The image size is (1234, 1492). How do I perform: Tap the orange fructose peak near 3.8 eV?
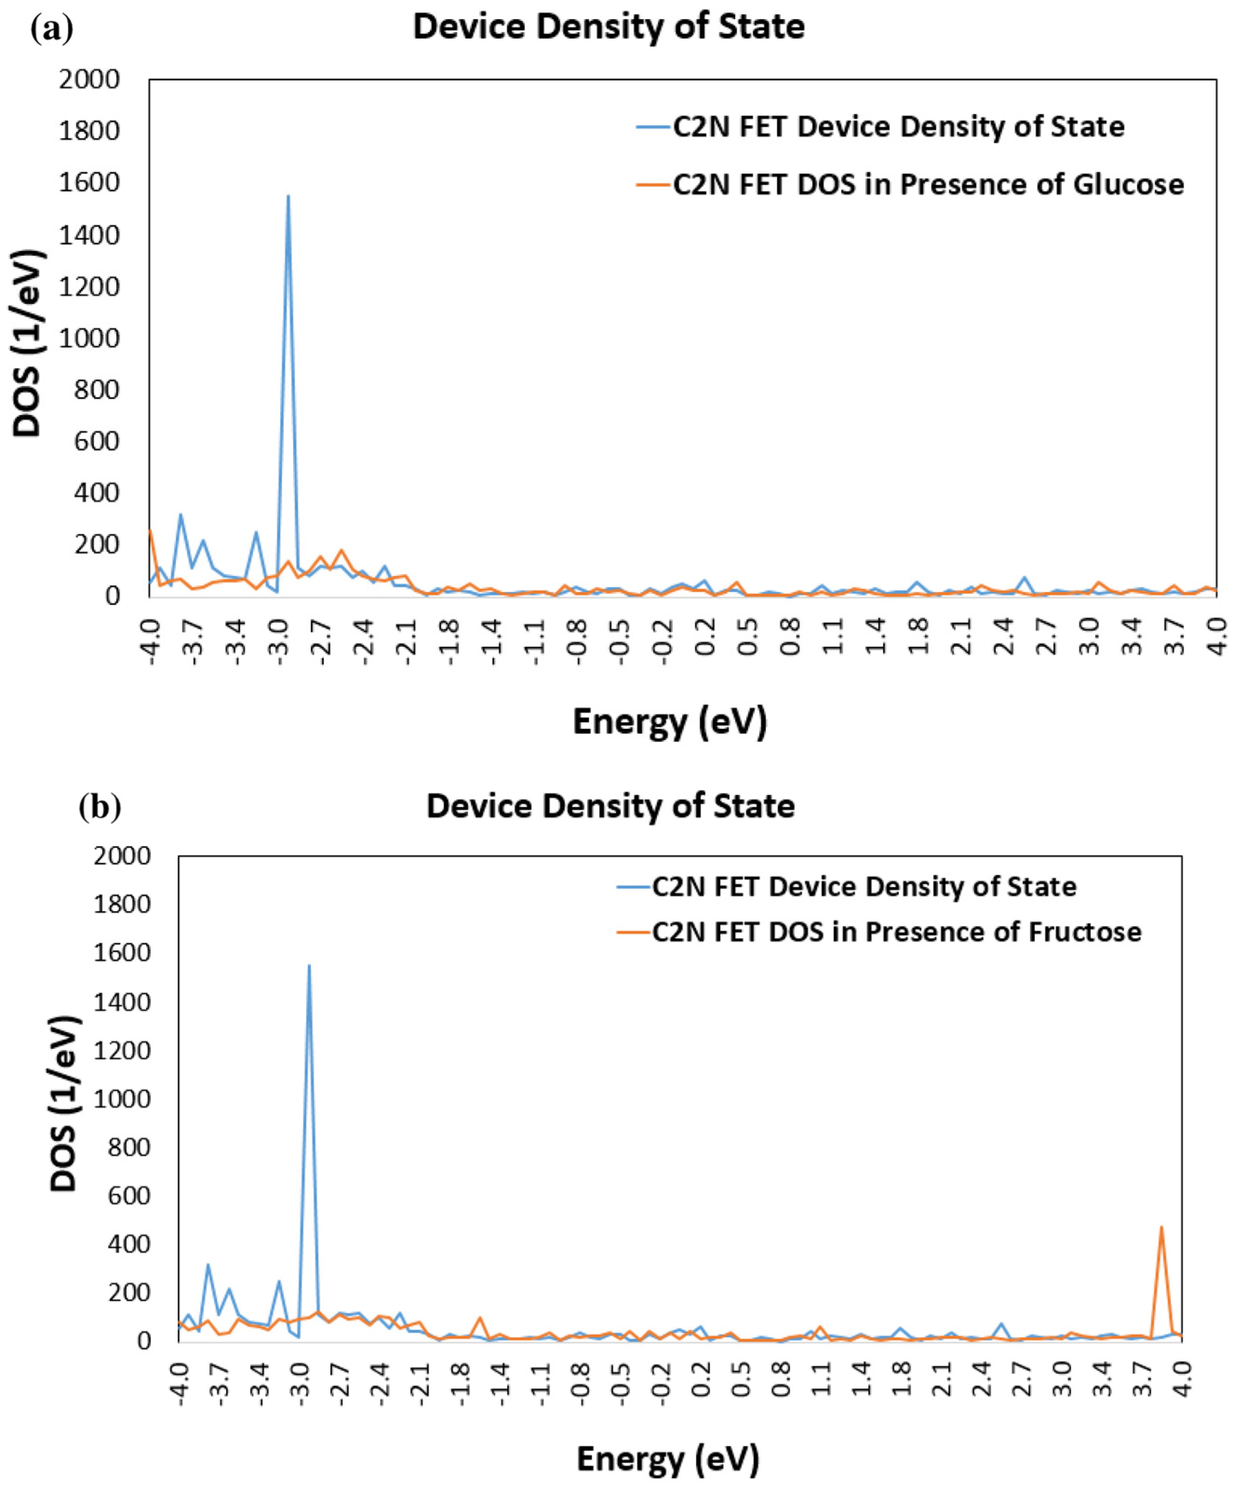coord(1161,1227)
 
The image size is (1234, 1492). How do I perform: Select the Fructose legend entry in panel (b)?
coord(897,932)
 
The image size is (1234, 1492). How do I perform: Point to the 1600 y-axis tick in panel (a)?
coord(89,183)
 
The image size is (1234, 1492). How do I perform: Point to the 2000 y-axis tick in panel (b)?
coord(122,856)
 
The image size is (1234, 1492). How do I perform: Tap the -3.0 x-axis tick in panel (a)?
coord(279,639)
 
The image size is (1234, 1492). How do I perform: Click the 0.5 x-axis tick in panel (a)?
coord(748,639)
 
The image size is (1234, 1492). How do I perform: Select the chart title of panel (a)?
coord(609,27)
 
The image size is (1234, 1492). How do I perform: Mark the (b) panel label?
coord(100,806)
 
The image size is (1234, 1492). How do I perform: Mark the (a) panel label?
coord(52,29)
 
